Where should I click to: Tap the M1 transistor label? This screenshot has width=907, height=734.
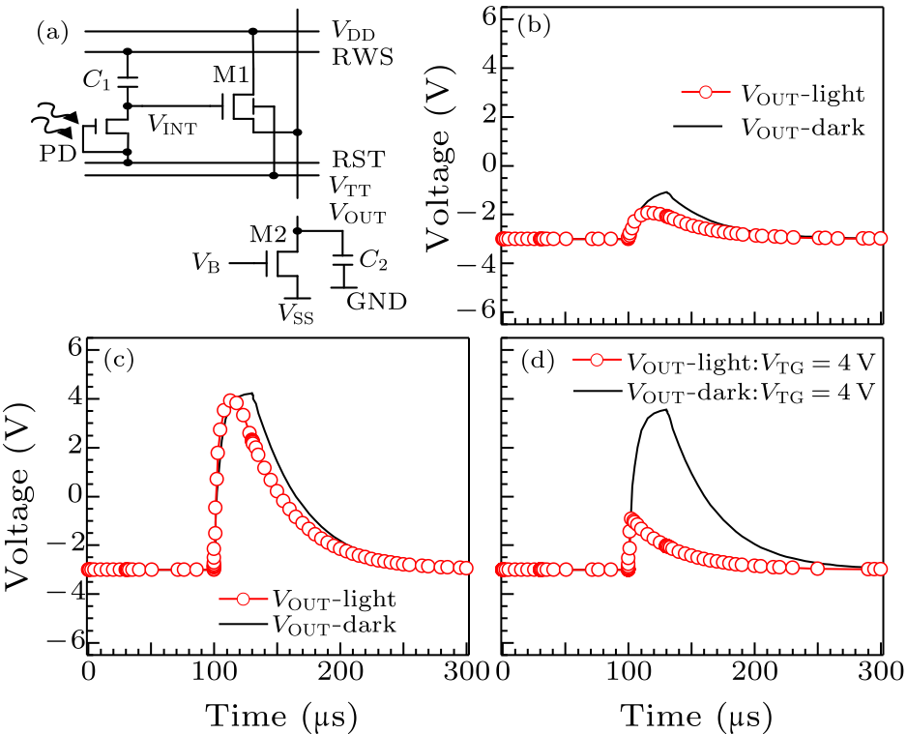(x=229, y=74)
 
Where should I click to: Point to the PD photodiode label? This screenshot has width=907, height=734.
(x=57, y=154)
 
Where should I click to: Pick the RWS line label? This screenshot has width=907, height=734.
(x=363, y=56)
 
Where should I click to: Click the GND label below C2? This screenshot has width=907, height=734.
(x=376, y=301)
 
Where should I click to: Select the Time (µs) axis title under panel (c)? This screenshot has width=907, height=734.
(x=278, y=716)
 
